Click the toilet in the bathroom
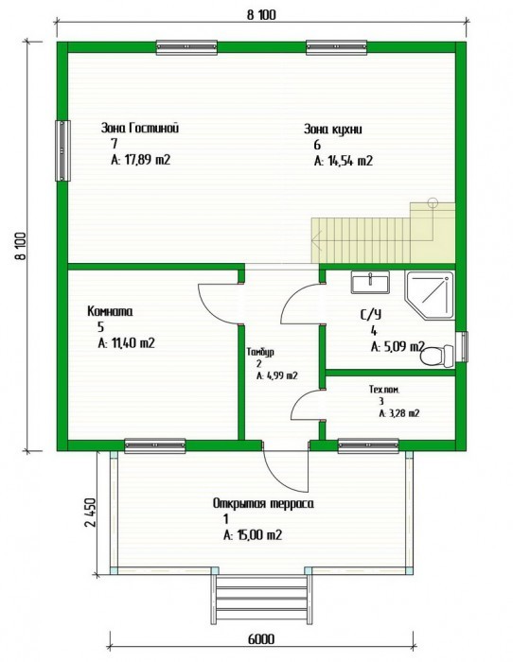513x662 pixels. [x=437, y=356]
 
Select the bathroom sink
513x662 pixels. [x=370, y=282]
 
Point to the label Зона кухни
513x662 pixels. [x=332, y=129]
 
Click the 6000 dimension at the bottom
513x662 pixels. [x=260, y=638]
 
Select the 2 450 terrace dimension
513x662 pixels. [x=91, y=513]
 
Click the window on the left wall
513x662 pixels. [x=62, y=150]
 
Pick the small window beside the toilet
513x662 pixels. [x=463, y=347]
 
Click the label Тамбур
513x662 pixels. [x=260, y=352]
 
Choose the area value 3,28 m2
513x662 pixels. [x=398, y=413]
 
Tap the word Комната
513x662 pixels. [x=110, y=311]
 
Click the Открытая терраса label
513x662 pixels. [x=263, y=504]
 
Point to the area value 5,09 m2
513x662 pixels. [x=398, y=347]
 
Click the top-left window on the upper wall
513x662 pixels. [x=186, y=47]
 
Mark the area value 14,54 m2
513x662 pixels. [x=344, y=161]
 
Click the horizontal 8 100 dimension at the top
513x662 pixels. [x=260, y=15]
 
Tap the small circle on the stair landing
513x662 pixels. [x=433, y=202]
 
